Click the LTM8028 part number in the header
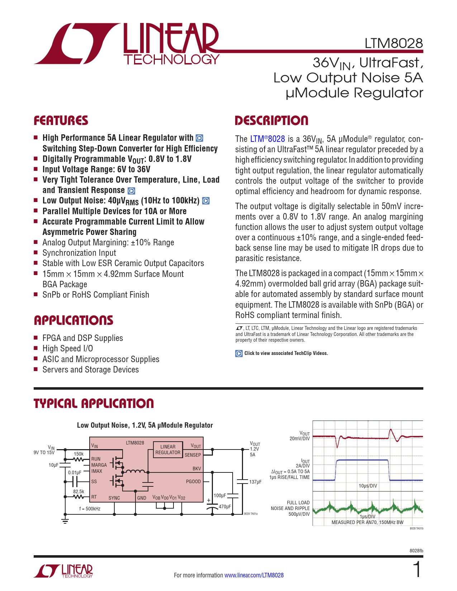pyautogui.click(x=394, y=43)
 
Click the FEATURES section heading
pyautogui.click(x=61, y=121)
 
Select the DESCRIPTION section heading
pyautogui.click(x=271, y=121)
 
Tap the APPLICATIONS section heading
pyautogui.click(x=73, y=320)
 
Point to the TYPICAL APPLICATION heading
pyautogui.click(x=94, y=404)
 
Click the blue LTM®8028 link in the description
pyautogui.click(x=267, y=139)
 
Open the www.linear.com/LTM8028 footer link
pyautogui.click(x=254, y=575)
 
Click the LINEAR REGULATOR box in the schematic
pyautogui.click(x=168, y=450)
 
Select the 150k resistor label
pyautogui.click(x=78, y=454)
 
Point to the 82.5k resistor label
pyautogui.click(x=78, y=491)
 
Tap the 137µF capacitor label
pyautogui.click(x=255, y=482)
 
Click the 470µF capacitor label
pyautogui.click(x=225, y=507)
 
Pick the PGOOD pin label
pyautogui.click(x=193, y=481)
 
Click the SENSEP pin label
pyautogui.click(x=193, y=455)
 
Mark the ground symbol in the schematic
pyautogui.click(x=65, y=520)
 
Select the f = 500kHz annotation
pyautogui.click(x=90, y=509)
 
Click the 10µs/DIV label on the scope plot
pyautogui.click(x=368, y=486)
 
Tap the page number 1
pyautogui.click(x=417, y=570)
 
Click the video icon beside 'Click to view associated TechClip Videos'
pyautogui.click(x=239, y=354)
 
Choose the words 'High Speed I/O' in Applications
pyautogui.click(x=67, y=349)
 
